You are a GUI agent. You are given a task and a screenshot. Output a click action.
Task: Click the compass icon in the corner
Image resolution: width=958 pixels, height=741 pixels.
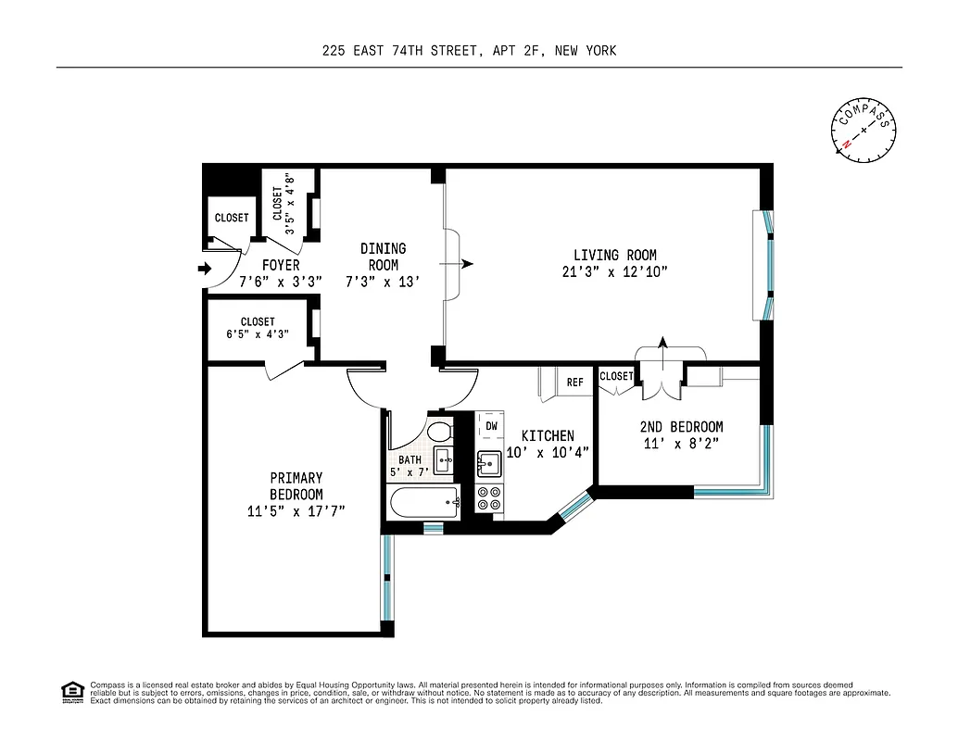pyautogui.click(x=863, y=130)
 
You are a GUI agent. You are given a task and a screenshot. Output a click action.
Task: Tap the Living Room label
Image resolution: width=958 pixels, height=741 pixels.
pyautogui.click(x=614, y=256)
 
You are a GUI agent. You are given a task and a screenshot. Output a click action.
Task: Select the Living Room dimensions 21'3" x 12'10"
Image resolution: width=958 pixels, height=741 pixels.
pyautogui.click(x=614, y=271)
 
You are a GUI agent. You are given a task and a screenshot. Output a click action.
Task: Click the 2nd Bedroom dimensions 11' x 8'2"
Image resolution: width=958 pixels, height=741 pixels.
pyautogui.click(x=681, y=443)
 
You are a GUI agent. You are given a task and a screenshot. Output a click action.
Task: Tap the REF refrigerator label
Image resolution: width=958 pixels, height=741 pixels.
pyautogui.click(x=574, y=382)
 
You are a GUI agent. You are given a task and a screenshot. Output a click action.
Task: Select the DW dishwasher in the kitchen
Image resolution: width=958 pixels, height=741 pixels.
pyautogui.click(x=491, y=426)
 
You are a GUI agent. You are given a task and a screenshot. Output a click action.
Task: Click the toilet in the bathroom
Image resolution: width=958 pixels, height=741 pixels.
pyautogui.click(x=439, y=431)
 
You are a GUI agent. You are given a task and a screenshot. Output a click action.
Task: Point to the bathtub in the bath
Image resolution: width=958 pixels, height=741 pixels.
pyautogui.click(x=425, y=505)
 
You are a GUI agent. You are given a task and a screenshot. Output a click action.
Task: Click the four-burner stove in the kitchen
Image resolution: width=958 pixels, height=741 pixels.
pyautogui.click(x=489, y=499)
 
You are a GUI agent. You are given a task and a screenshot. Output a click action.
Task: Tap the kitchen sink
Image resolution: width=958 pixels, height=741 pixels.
pyautogui.click(x=487, y=461)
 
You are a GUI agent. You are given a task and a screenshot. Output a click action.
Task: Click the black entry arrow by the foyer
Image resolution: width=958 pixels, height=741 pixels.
pyautogui.click(x=205, y=270)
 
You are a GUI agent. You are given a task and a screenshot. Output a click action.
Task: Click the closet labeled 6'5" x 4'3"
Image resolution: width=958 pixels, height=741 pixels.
pyautogui.click(x=258, y=328)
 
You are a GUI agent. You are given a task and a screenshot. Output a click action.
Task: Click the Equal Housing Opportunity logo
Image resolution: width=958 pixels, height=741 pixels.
pyautogui.click(x=71, y=692)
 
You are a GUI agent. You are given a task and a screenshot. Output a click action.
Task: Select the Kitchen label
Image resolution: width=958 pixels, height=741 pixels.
pyautogui.click(x=547, y=435)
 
